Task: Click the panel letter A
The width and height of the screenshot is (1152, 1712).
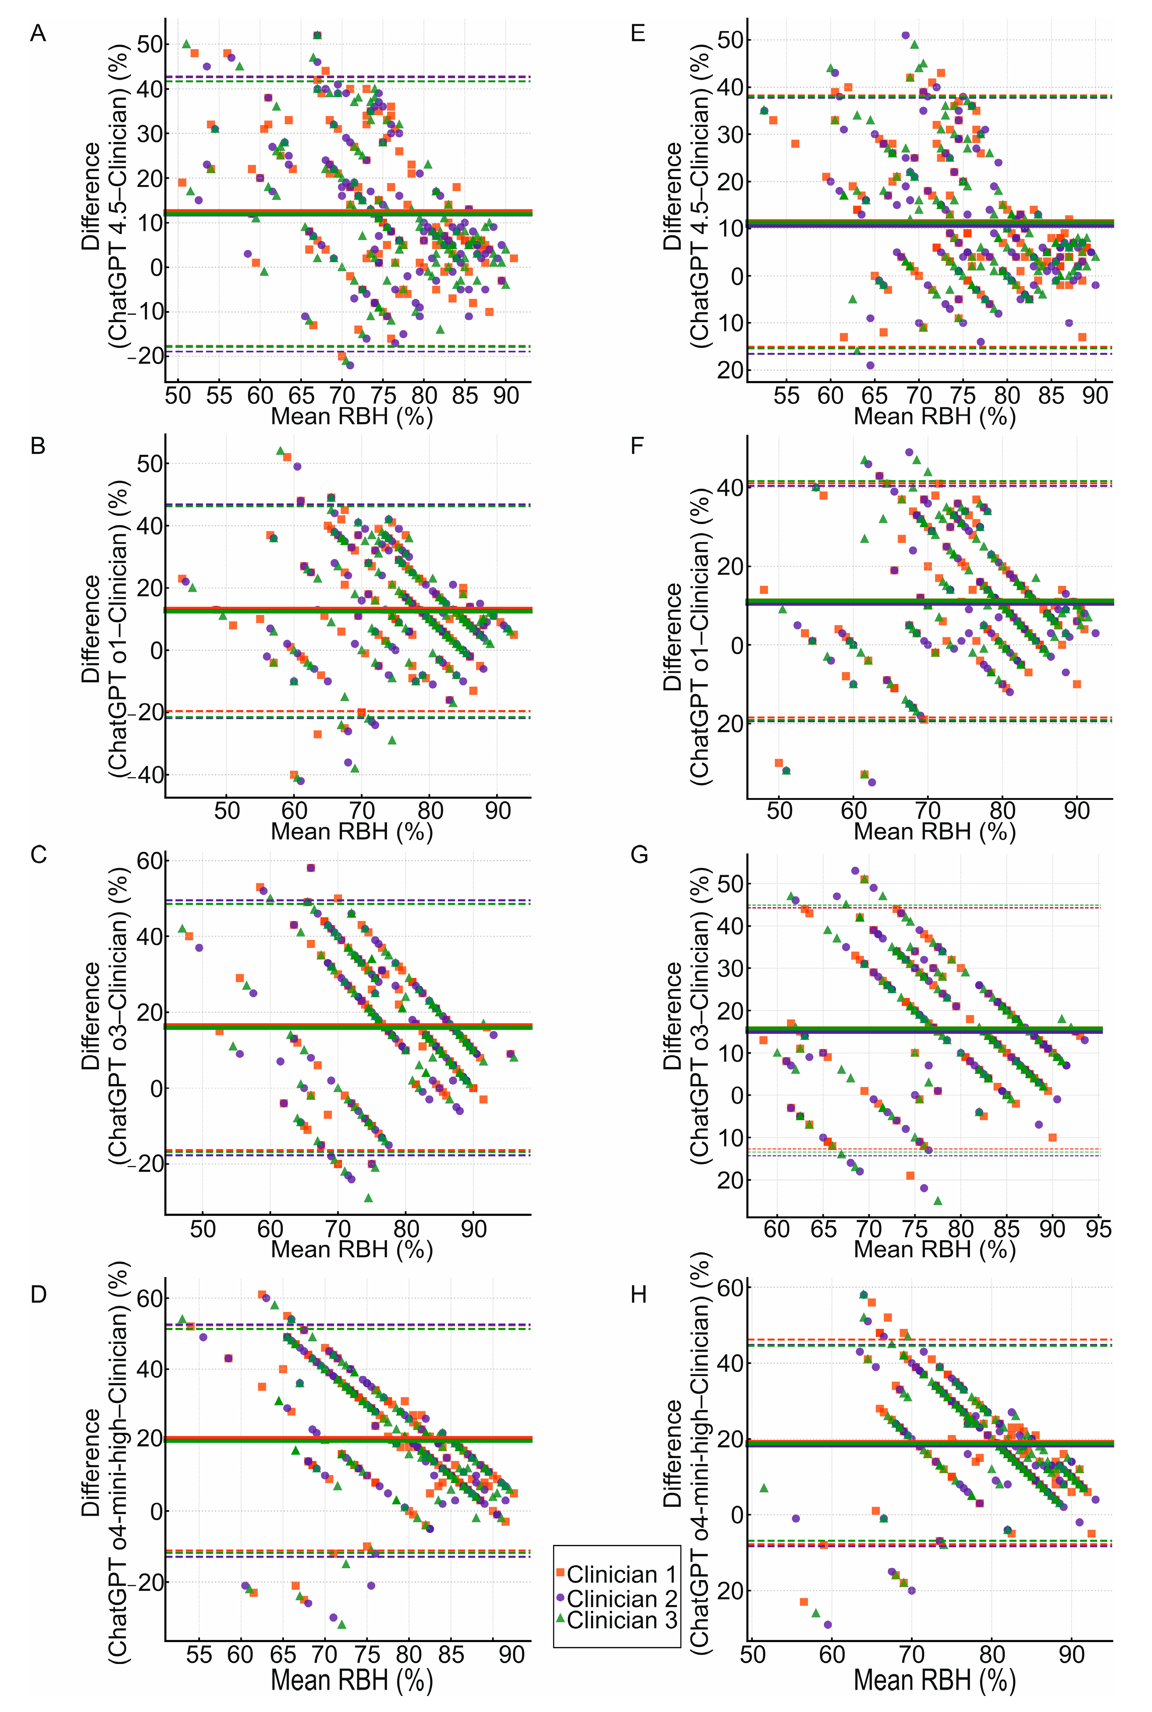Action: tap(38, 34)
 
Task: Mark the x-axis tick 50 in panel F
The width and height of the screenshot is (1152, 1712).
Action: tap(779, 811)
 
